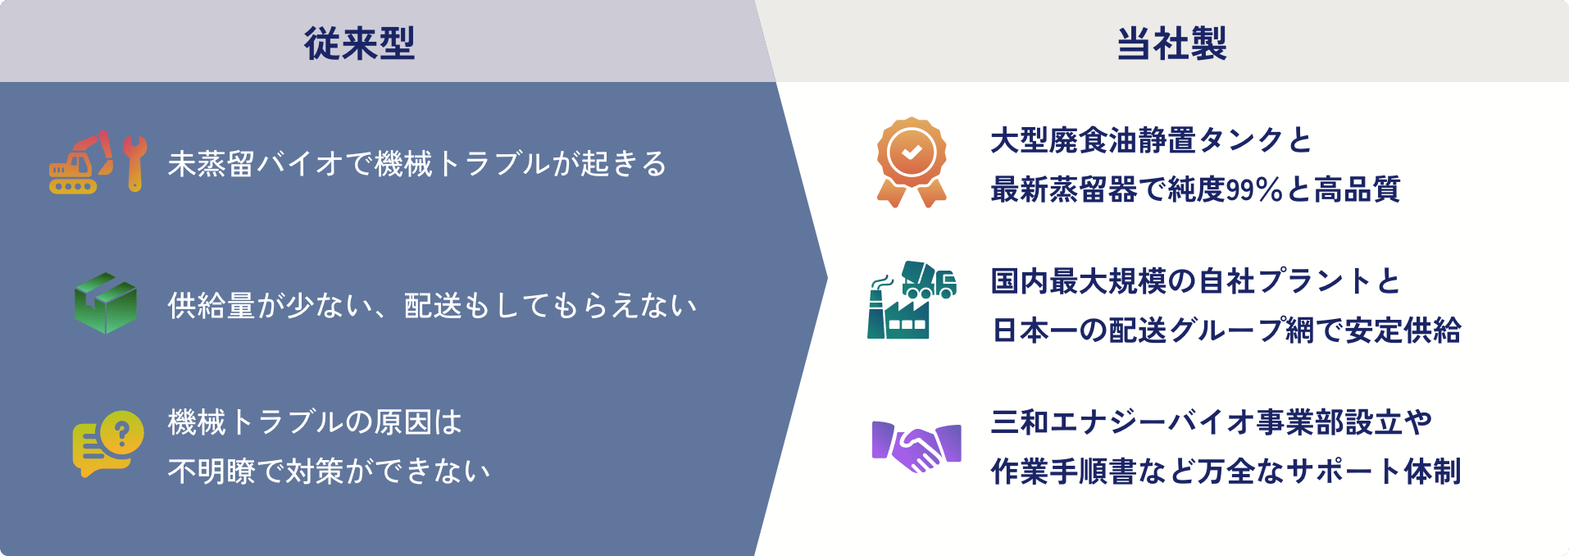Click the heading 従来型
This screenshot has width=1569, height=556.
click(359, 43)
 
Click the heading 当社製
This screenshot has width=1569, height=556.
click(1171, 43)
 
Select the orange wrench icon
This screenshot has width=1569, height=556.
click(134, 163)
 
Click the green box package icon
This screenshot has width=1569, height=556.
click(105, 303)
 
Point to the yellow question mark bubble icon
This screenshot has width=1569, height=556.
click(107, 444)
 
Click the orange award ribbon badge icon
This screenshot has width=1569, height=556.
click(912, 162)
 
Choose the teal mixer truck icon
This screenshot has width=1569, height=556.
click(930, 280)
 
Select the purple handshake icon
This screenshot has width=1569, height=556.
click(916, 446)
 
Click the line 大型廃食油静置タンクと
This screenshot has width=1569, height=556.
click(1151, 140)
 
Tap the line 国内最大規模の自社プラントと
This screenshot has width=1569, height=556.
click(1195, 281)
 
